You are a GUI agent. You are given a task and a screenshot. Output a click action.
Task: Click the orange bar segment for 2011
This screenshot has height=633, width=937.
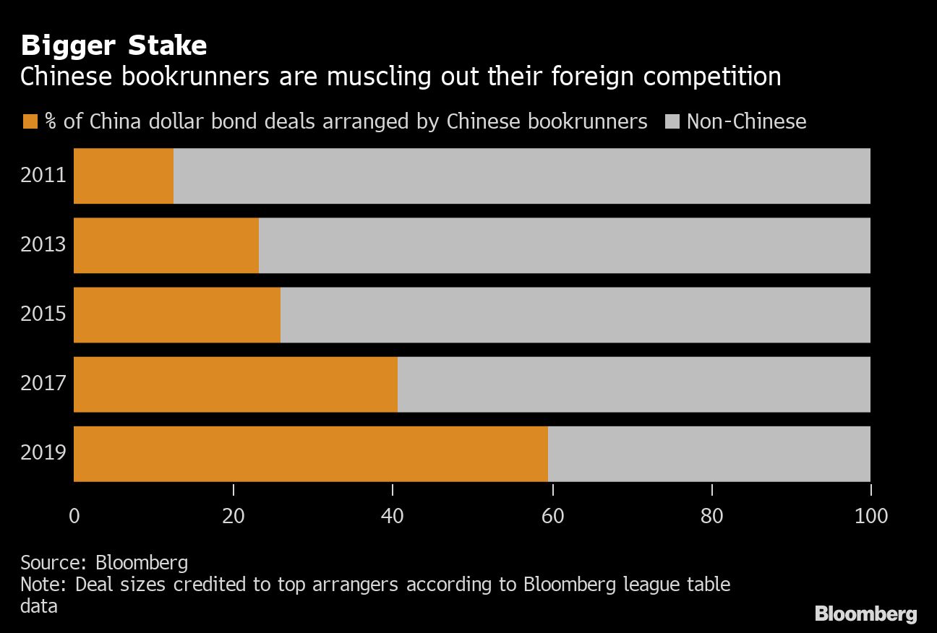[x=124, y=176]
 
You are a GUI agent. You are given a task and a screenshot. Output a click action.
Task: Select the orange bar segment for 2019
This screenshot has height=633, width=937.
[x=311, y=454]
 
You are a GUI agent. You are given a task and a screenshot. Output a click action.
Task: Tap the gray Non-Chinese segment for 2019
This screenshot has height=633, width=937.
[x=709, y=454]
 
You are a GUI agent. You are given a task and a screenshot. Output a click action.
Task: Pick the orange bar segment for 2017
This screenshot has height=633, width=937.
[x=236, y=384]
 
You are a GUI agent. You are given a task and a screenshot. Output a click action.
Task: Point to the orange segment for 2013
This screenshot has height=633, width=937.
[x=166, y=246]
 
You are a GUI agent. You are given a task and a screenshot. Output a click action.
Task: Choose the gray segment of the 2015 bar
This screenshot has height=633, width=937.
[x=575, y=315]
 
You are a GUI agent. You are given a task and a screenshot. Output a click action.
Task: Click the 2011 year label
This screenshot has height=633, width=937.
[x=43, y=176]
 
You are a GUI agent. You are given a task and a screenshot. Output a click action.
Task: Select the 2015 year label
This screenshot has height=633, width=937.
[x=43, y=314]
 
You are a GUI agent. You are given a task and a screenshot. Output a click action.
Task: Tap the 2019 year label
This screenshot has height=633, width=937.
[x=43, y=453]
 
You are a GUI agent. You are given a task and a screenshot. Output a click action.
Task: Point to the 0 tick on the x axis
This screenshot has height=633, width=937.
[x=74, y=517]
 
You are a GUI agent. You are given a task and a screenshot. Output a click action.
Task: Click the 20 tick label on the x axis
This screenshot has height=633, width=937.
[x=234, y=517]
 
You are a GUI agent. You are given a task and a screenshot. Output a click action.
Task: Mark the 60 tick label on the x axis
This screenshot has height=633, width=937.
[x=552, y=517]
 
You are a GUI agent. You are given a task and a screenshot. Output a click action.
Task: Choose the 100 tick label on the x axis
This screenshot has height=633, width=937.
[x=870, y=517]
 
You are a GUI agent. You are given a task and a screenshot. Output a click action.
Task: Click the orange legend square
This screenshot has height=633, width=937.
[x=30, y=121]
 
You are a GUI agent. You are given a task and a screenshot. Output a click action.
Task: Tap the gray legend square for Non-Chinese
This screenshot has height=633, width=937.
[x=672, y=121]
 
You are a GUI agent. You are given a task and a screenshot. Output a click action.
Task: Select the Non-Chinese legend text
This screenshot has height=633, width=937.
[x=746, y=121]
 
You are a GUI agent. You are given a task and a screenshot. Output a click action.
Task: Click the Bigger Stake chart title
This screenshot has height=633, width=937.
[x=114, y=46]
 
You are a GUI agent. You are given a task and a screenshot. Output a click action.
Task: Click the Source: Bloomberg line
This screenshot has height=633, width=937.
[x=104, y=563]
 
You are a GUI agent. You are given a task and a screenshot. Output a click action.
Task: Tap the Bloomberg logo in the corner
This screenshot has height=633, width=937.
[x=865, y=614]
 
